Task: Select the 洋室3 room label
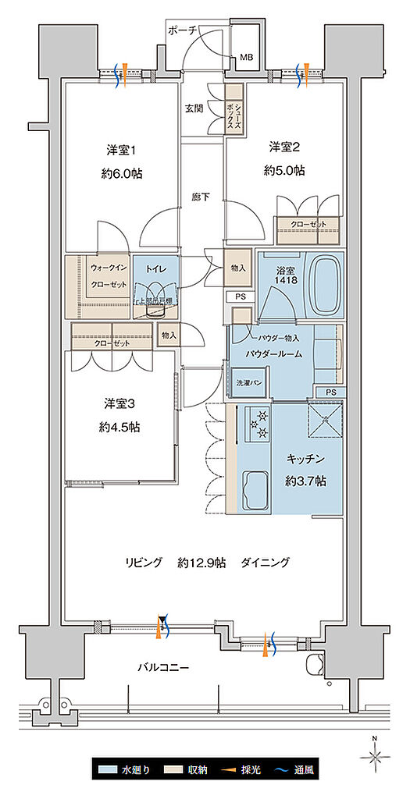coord(119,403)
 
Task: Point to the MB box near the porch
coord(246,57)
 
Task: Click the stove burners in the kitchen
coord(257,424)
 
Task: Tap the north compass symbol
coord(375,755)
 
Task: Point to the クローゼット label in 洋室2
coord(308,225)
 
